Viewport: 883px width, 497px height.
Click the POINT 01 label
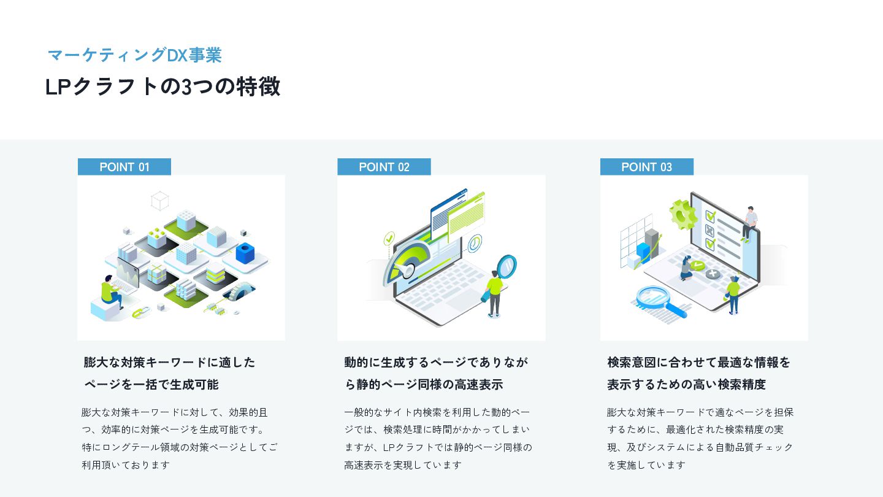pyautogui.click(x=124, y=167)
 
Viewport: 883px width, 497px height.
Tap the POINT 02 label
pyautogui.click(x=384, y=167)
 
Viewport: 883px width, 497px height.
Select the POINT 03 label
pyautogui.click(x=646, y=167)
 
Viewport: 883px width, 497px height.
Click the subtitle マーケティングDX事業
pyautogui.click(x=134, y=55)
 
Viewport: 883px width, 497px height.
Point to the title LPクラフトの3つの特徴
pyautogui.click(x=162, y=87)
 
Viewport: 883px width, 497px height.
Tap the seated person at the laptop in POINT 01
pyautogui.click(x=110, y=291)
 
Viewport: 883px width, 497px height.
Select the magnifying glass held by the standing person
pyautogui.click(x=507, y=266)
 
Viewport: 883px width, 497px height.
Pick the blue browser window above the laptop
pyautogui.click(x=448, y=212)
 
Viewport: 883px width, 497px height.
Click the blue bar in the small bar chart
pyautogui.click(x=643, y=252)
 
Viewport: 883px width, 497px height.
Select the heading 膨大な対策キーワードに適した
pyautogui.click(x=170, y=362)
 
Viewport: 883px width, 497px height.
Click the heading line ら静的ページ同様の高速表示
pyautogui.click(x=424, y=385)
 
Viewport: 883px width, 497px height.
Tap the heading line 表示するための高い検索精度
pyautogui.click(x=686, y=385)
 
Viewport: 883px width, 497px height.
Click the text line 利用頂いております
pyautogui.click(x=126, y=464)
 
